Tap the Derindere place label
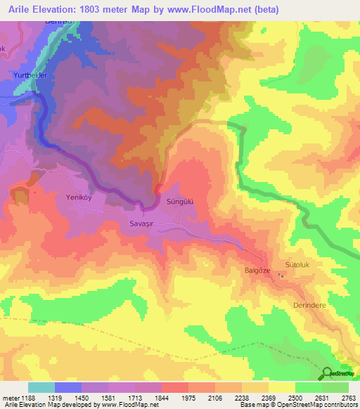coord(310,306)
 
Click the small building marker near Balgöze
coord(283,275)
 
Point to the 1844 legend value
coord(160,398)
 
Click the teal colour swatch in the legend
coord(41,387)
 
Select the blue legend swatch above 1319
coord(68,387)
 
